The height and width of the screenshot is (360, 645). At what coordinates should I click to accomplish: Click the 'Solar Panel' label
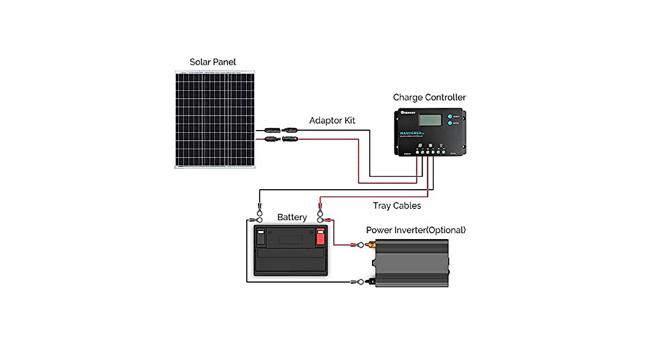(x=213, y=62)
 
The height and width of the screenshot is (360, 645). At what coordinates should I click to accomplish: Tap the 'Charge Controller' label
(x=429, y=97)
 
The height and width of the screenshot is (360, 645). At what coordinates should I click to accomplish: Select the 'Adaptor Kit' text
(x=332, y=120)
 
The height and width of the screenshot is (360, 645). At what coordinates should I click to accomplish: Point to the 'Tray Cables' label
(x=397, y=206)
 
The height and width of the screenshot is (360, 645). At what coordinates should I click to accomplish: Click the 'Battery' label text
(x=292, y=218)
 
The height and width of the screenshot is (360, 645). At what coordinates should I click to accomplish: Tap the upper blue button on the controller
(x=449, y=117)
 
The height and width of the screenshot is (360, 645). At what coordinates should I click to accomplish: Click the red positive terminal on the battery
(x=320, y=236)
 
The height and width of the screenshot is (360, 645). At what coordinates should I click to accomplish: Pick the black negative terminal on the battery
(x=261, y=236)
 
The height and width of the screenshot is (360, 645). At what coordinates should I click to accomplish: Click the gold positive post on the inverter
(x=370, y=246)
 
